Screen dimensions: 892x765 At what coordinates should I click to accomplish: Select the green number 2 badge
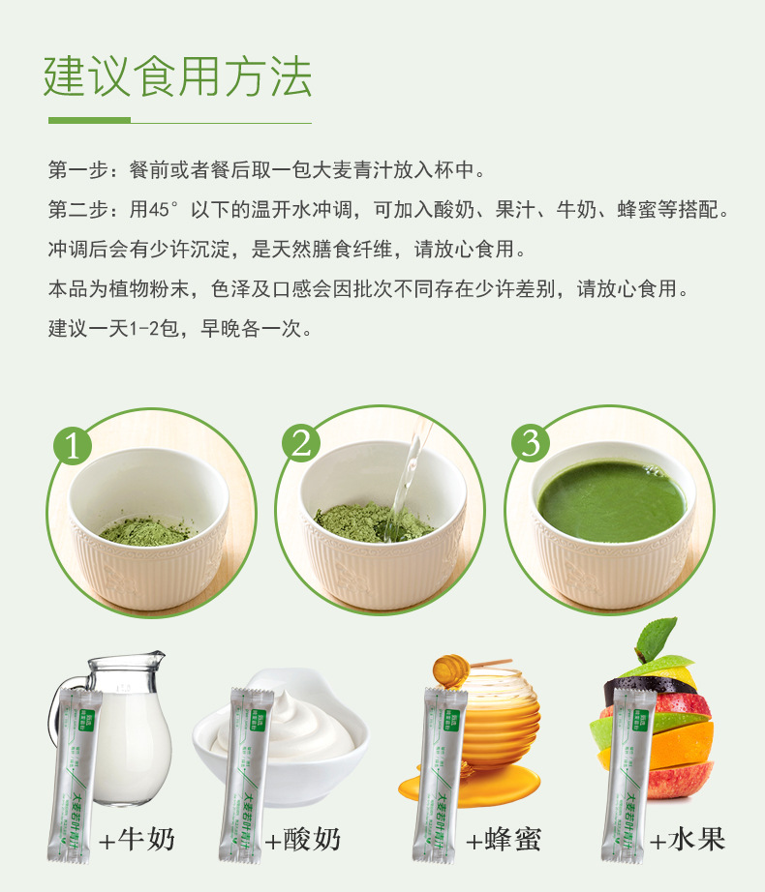click(x=301, y=444)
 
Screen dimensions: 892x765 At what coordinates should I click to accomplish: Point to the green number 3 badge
click(x=530, y=443)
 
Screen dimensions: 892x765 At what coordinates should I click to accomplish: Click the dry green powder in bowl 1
click(x=145, y=529)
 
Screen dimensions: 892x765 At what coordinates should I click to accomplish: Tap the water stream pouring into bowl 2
click(x=405, y=484)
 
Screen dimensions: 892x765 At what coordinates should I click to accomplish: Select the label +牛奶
click(x=137, y=839)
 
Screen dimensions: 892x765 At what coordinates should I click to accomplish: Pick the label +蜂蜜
click(x=502, y=839)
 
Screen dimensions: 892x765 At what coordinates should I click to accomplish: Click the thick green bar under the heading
click(x=89, y=121)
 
